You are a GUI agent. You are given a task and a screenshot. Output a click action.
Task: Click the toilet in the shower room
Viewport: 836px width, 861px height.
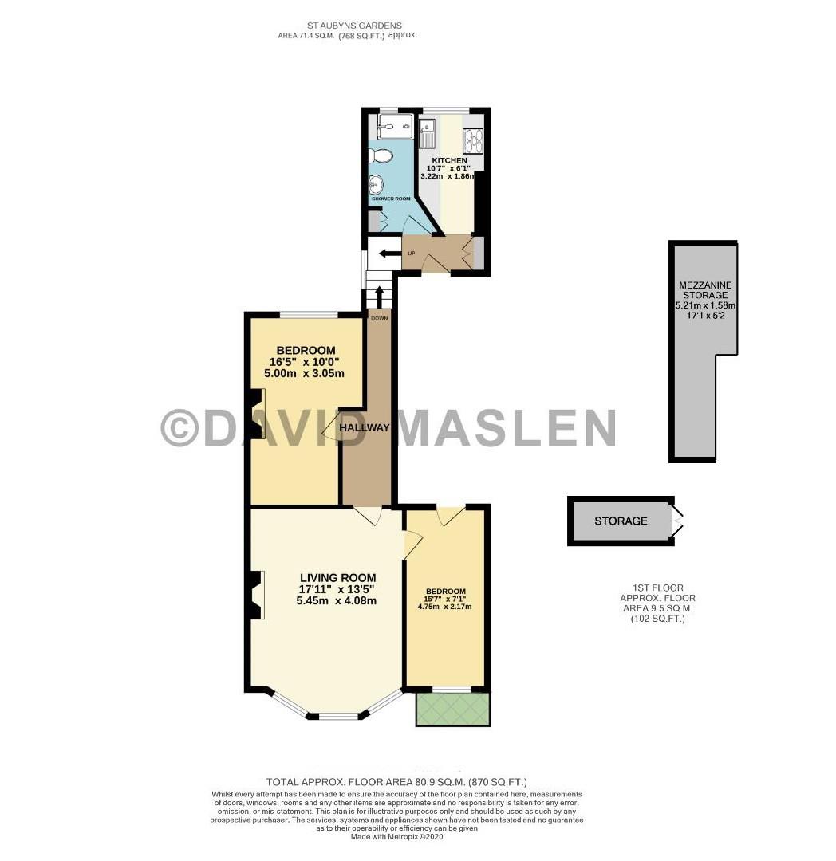tap(383, 155)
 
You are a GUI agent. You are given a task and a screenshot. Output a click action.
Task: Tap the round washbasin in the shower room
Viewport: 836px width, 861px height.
tap(376, 184)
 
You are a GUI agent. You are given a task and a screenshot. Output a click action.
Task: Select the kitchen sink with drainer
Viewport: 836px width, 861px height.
tap(425, 133)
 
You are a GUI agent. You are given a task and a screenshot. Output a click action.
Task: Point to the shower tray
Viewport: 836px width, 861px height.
tap(395, 124)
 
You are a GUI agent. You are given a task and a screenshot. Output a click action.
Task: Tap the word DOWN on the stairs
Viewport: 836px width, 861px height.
tap(379, 318)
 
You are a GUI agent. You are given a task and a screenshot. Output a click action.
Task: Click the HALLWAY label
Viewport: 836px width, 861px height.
tap(364, 428)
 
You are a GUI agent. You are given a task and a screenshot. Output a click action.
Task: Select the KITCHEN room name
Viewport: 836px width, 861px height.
tap(450, 160)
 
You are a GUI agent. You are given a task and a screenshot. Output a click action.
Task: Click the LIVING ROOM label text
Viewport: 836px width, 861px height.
tap(337, 578)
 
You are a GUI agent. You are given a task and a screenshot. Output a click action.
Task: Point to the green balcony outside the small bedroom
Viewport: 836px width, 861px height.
tap(452, 709)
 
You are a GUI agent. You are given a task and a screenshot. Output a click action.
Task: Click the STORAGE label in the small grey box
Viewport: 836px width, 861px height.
tap(621, 521)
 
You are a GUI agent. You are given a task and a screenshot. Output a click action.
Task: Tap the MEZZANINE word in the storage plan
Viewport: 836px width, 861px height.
tap(704, 285)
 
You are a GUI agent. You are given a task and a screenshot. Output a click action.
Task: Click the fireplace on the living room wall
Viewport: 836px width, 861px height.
tap(256, 595)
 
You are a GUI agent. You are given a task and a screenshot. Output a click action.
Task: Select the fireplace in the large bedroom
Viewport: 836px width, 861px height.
tap(256, 413)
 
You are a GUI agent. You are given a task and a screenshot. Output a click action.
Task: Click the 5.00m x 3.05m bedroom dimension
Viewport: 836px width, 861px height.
tap(306, 373)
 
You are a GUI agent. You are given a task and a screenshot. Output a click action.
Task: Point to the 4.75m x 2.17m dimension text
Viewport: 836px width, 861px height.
tap(444, 607)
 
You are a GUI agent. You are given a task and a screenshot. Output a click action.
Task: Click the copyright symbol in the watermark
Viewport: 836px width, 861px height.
tap(180, 428)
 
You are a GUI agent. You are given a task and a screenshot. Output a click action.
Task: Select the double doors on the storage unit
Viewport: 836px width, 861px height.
tap(676, 521)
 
